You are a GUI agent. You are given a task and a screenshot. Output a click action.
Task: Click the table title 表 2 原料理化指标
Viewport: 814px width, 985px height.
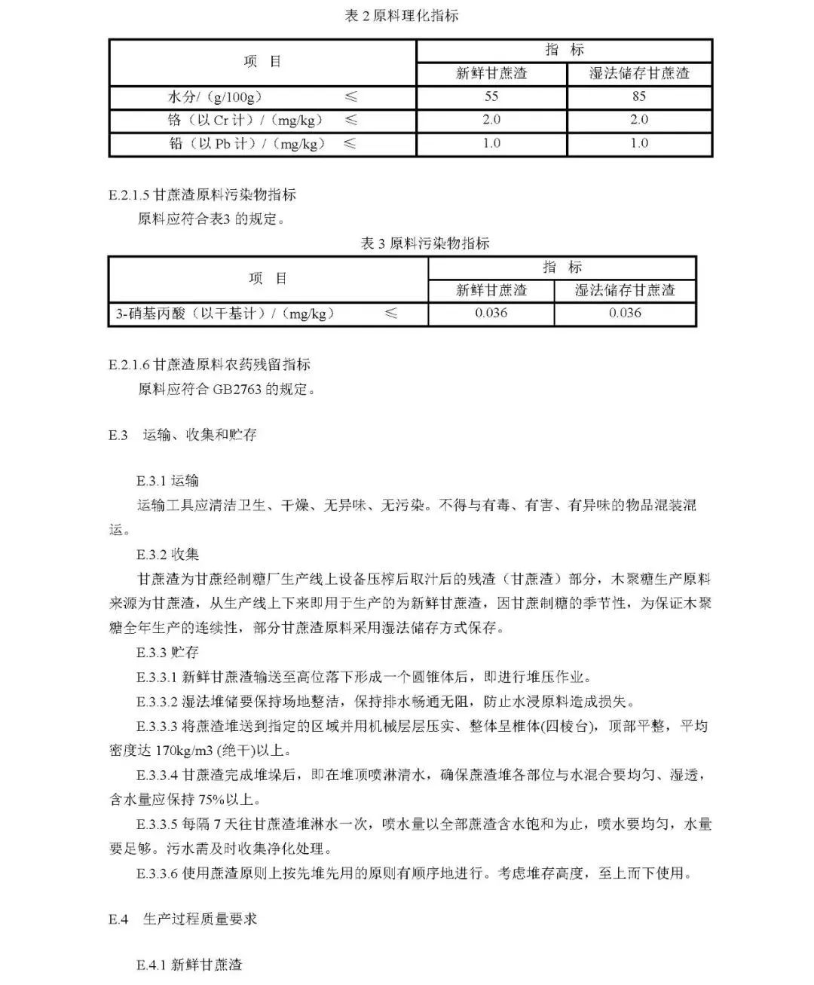coord(401,16)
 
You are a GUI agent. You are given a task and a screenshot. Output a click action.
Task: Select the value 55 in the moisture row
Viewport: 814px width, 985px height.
coord(491,96)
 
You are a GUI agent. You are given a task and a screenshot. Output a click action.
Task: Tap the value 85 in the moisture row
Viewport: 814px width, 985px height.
coord(639,96)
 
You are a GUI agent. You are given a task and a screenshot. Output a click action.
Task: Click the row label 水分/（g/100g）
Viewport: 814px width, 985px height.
coord(215,97)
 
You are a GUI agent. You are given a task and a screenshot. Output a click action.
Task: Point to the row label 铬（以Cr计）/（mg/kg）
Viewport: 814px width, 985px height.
coord(245,121)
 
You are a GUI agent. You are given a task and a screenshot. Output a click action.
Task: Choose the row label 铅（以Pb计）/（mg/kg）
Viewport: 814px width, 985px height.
coord(245,144)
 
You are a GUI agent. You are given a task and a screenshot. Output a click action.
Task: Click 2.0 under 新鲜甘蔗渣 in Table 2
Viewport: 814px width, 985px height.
coord(491,120)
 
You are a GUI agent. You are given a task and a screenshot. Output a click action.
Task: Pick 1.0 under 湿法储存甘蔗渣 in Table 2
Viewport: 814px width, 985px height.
coord(639,143)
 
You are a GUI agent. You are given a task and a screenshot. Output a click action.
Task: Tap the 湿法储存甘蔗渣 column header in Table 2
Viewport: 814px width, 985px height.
coord(639,73)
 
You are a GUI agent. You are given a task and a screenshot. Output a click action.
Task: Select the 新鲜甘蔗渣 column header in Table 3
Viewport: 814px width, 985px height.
coord(491,290)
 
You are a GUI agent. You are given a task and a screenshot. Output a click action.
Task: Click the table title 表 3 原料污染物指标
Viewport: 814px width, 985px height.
coord(425,243)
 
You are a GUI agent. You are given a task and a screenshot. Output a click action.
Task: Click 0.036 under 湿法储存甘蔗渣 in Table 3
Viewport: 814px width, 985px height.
coord(625,314)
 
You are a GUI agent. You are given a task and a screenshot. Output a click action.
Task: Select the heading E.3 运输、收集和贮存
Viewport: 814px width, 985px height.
coord(183,435)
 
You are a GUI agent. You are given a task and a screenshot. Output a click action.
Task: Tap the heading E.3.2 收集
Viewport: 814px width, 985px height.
coord(168,555)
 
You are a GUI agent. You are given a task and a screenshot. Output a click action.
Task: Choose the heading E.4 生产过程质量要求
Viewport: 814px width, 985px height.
coord(183,919)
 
